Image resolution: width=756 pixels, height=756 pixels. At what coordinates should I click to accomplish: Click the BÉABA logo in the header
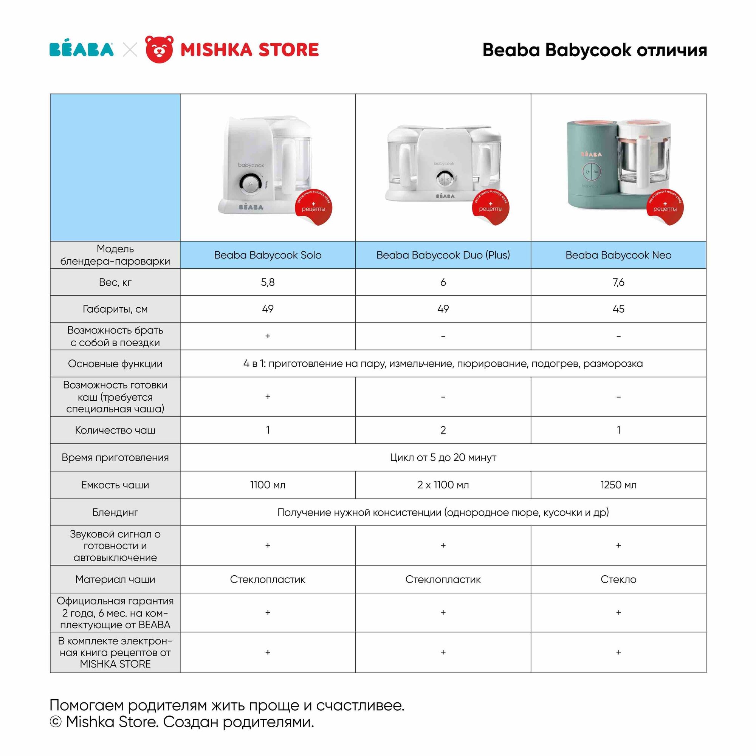click(x=81, y=50)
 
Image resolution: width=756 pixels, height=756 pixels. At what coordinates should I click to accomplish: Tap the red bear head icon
click(x=159, y=49)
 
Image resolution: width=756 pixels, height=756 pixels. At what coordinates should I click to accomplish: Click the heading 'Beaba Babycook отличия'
click(x=594, y=50)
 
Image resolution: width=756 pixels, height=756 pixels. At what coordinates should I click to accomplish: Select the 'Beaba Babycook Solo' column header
click(x=268, y=255)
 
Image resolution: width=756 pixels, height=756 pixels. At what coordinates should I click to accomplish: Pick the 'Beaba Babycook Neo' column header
click(x=618, y=255)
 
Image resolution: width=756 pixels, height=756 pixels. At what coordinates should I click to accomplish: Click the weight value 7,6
click(x=618, y=282)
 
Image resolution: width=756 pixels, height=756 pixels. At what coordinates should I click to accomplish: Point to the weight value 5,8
click(x=268, y=282)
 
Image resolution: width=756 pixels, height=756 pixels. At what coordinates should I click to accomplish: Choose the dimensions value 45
click(x=618, y=309)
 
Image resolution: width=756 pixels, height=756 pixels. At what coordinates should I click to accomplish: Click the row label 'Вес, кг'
click(x=115, y=282)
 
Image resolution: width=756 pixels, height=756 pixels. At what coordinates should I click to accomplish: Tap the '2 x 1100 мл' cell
click(x=443, y=485)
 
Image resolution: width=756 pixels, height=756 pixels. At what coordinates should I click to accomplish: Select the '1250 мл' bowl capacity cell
click(x=618, y=485)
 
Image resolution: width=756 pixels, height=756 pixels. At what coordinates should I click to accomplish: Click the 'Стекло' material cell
click(x=618, y=579)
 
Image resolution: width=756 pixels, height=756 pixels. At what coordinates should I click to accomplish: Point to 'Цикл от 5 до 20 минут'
click(x=443, y=457)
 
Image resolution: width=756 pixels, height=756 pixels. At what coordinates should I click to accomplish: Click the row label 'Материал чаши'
click(x=115, y=579)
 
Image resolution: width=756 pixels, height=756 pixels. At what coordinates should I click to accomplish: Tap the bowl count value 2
click(x=443, y=430)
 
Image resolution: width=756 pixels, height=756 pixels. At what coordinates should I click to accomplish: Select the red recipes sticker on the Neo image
click(x=665, y=208)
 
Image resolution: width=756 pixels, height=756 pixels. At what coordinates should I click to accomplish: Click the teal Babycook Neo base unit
click(x=591, y=164)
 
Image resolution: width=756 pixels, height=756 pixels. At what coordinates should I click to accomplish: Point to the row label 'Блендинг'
click(x=115, y=512)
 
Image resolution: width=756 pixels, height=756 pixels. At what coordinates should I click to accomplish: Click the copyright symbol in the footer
click(x=56, y=722)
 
